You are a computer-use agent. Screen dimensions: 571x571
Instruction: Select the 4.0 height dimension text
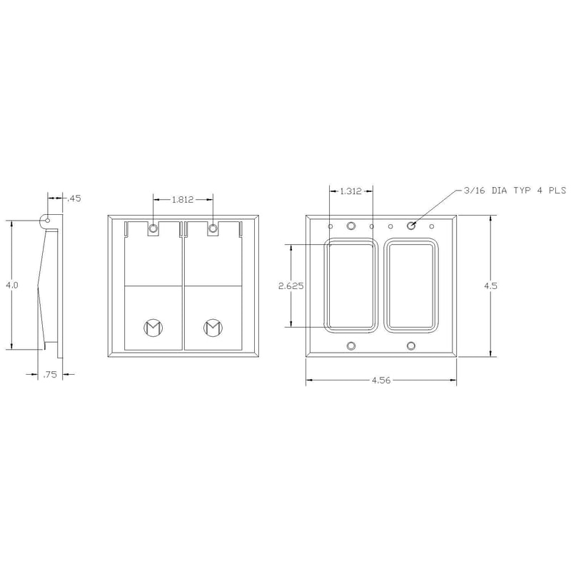[11, 285]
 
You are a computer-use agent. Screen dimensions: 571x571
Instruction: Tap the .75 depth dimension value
[50, 374]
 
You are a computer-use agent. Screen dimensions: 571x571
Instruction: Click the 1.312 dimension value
[350, 191]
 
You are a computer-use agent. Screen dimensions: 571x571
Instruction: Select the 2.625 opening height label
[291, 285]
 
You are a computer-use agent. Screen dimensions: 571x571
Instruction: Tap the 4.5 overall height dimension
[490, 285]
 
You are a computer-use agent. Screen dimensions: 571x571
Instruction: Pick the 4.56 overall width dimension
[381, 381]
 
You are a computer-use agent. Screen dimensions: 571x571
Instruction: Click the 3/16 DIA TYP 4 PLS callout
[514, 191]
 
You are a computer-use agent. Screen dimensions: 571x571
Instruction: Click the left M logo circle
[153, 328]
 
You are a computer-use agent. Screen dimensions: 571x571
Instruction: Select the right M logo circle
[213, 328]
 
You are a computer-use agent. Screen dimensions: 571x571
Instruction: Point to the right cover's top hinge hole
[213, 228]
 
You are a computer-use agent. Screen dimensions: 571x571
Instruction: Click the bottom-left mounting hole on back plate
[350, 345]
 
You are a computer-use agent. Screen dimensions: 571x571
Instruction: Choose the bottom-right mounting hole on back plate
[411, 345]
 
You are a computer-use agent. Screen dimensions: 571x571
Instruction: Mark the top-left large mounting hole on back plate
[350, 226]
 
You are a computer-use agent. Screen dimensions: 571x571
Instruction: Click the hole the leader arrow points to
[411, 226]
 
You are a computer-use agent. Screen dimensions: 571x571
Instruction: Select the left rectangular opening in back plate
[350, 285]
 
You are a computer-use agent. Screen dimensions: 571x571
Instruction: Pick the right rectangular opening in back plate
[410, 285]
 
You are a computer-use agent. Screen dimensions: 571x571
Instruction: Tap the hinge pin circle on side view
[48, 221]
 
